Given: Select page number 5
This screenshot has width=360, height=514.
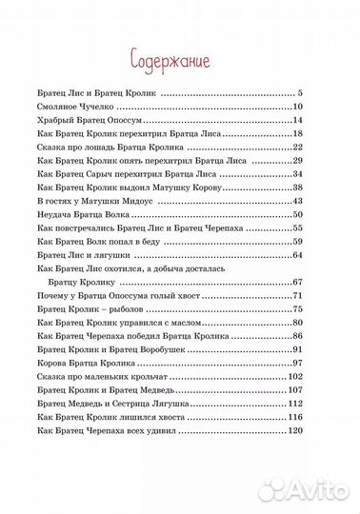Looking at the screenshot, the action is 299,94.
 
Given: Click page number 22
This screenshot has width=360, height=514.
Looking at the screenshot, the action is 297,148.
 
